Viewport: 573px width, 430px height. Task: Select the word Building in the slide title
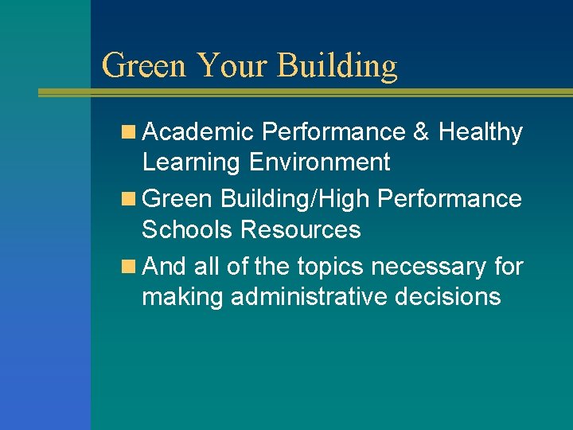click(x=337, y=65)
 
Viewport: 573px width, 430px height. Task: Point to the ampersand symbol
click(x=421, y=132)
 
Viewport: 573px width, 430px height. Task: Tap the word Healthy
click(x=480, y=132)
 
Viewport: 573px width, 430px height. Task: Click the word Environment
click(x=319, y=162)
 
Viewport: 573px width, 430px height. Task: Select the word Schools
click(x=188, y=230)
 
